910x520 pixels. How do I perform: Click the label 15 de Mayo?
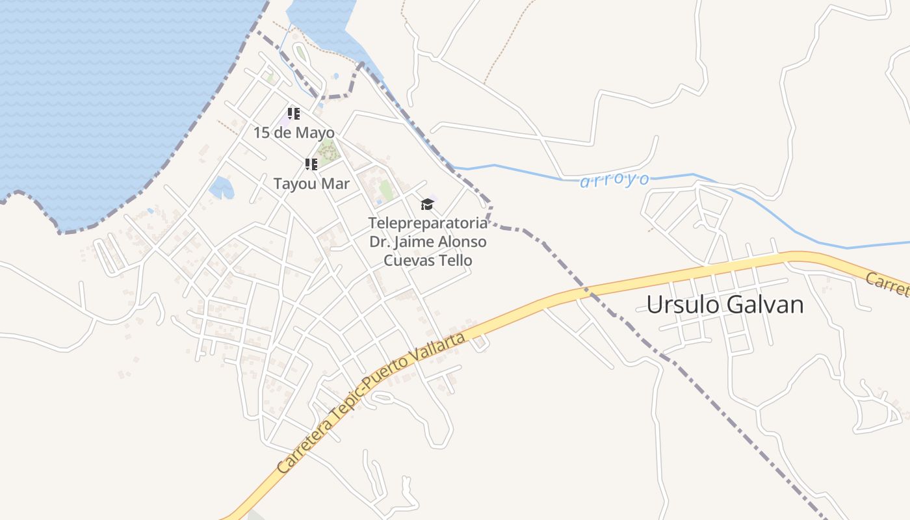coord(294,133)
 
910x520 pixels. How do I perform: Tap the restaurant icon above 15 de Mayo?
coord(294,114)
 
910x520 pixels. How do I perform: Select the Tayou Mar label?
coord(311,184)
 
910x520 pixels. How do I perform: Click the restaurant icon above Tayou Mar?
coord(311,164)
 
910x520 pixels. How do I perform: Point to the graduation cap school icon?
coord(427,204)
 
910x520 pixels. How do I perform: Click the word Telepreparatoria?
coord(428,223)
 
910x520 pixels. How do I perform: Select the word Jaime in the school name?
coord(413,242)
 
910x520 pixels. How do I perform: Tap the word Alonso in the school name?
coord(463,242)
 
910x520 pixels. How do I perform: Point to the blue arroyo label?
coord(614,180)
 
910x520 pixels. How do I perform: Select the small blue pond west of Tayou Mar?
coord(221,188)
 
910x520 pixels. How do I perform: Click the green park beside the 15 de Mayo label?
coord(328,151)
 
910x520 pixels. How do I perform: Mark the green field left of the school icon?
coord(386,190)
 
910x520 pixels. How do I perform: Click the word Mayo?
coord(315,133)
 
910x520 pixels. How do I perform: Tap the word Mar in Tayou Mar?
coord(336,184)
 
